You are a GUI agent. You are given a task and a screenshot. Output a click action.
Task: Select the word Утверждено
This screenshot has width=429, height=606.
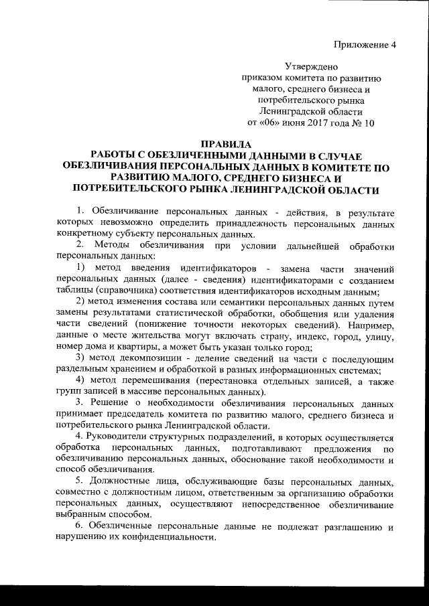[310, 67]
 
